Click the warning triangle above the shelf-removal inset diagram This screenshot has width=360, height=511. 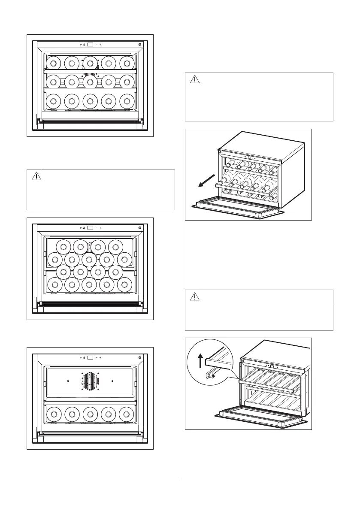(x=195, y=296)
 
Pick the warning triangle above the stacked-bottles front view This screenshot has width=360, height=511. (x=37, y=176)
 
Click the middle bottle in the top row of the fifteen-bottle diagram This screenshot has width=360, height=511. (x=90, y=62)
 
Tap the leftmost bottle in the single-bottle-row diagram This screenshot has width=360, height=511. (x=53, y=413)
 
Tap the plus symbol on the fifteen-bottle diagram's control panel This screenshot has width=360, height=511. (x=100, y=45)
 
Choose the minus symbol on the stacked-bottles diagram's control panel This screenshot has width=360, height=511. (x=96, y=227)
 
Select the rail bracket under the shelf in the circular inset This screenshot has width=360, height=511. (x=210, y=375)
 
